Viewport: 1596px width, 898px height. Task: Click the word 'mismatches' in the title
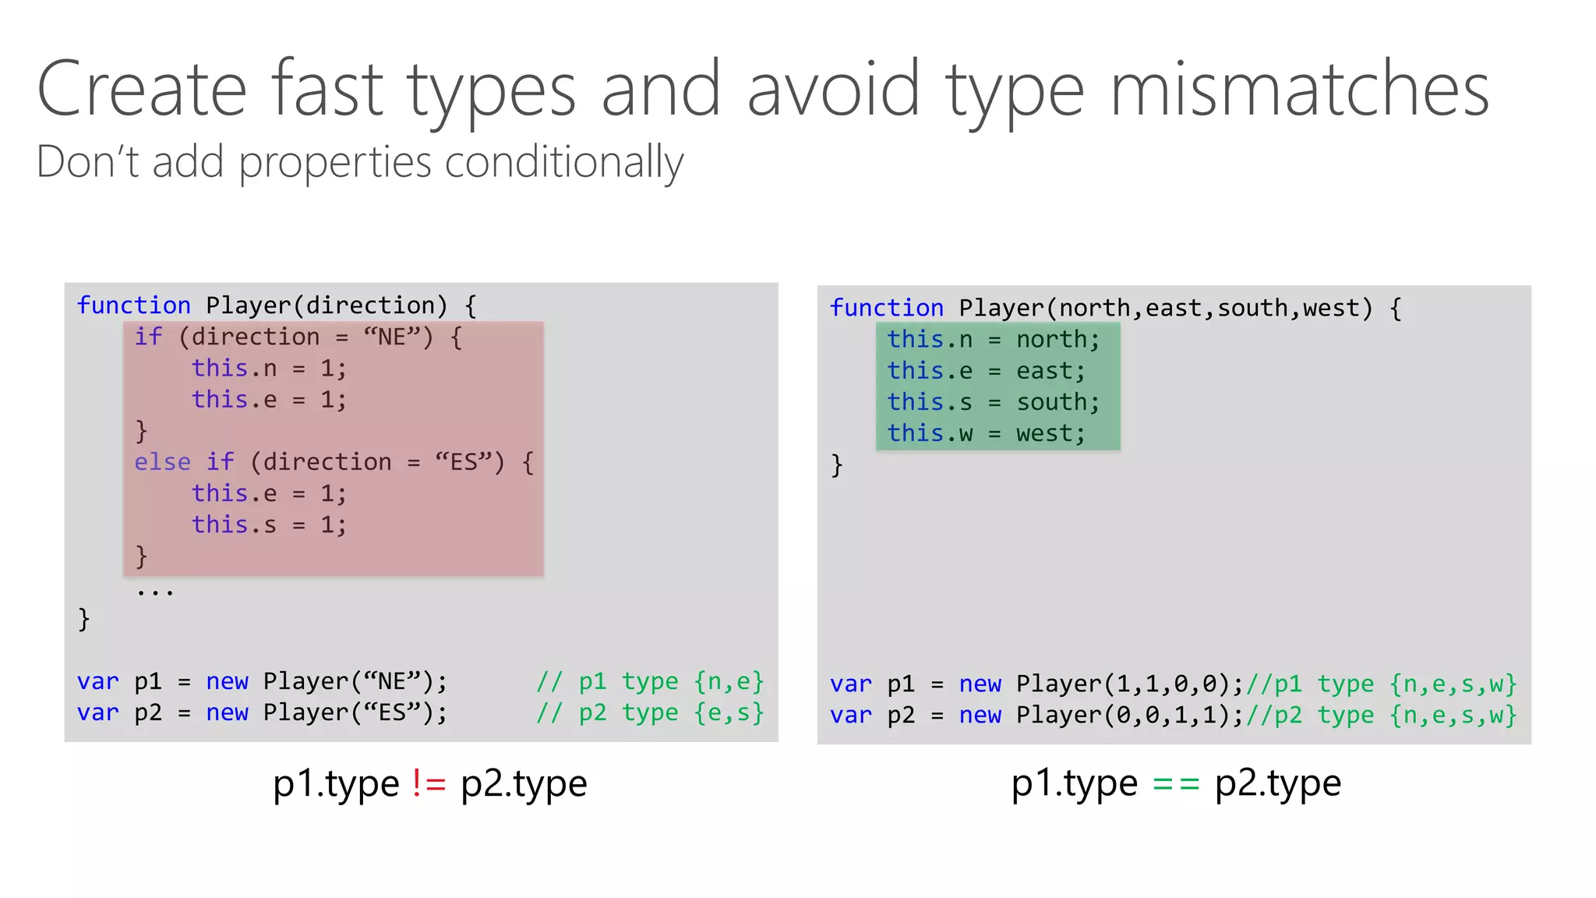[x=1299, y=90]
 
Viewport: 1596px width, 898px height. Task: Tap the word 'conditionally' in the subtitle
[x=563, y=162]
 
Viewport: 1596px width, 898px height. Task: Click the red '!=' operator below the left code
[x=429, y=783]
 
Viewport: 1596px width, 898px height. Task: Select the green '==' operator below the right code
[x=1175, y=783]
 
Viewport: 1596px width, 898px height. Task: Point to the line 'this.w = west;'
[x=986, y=433]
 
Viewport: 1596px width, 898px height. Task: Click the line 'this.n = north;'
[x=993, y=340]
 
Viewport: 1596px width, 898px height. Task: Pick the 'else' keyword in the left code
[x=162, y=462]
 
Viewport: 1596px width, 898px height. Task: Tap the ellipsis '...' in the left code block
[x=155, y=592]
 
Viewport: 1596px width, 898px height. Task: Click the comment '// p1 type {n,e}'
[x=650, y=681]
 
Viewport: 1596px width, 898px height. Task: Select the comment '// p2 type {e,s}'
[x=650, y=712]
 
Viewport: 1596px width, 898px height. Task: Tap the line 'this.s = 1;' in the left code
[x=269, y=525]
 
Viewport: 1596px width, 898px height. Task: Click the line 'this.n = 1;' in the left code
[x=269, y=368]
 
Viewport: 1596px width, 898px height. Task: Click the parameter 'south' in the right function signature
[x=1252, y=308]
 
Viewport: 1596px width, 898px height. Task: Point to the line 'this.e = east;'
[x=986, y=371]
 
